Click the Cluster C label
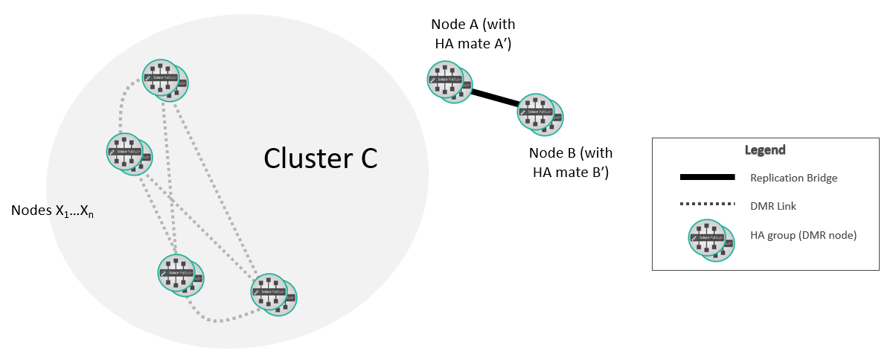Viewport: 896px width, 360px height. point(321,158)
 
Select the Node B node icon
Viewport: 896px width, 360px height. point(540,114)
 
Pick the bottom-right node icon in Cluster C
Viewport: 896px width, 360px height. point(274,293)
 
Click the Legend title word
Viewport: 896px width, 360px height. point(765,150)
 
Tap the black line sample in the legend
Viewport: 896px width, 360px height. point(706,177)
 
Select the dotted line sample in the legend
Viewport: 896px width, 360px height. point(706,204)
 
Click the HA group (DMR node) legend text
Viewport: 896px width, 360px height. point(804,235)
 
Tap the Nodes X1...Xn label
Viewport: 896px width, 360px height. point(51,210)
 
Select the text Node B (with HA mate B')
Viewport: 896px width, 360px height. point(571,163)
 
